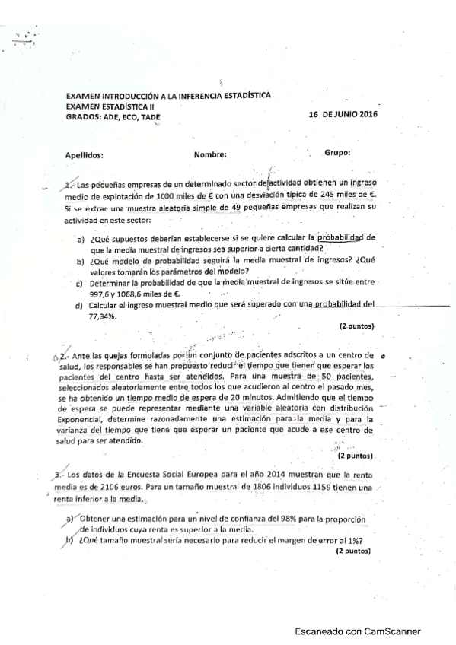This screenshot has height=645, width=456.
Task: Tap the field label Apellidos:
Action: pos(85,154)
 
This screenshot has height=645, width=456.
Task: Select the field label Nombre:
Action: pos(211,154)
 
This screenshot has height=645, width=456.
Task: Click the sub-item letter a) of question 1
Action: pos(81,240)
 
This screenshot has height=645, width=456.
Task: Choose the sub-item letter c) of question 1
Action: pos(80,284)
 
